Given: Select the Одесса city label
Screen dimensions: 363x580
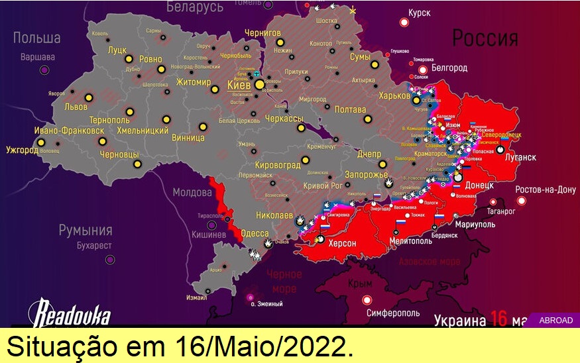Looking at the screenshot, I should (254, 234).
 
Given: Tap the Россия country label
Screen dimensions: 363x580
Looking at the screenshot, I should (485, 38).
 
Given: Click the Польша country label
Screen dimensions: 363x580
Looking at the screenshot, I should (36, 38).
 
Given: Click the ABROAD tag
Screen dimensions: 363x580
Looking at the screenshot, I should (556, 320).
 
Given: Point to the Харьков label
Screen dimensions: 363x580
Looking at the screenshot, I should (394, 95).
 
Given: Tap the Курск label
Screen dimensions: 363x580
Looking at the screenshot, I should (420, 13).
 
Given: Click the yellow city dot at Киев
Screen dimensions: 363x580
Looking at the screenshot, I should (259, 84).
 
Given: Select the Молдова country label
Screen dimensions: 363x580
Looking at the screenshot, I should (192, 193).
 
